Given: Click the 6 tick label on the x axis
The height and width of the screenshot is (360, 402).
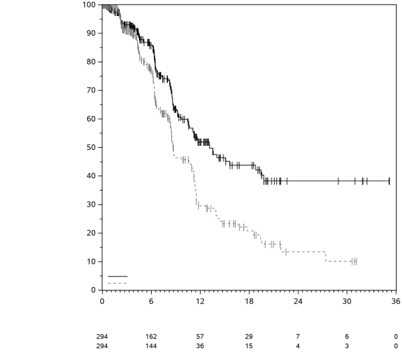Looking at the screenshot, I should [151, 301].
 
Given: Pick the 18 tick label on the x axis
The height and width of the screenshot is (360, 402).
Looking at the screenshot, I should [249, 301].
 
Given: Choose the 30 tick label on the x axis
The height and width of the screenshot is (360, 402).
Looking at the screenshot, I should [347, 301].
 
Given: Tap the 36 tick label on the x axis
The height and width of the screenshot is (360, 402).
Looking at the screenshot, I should [396, 301].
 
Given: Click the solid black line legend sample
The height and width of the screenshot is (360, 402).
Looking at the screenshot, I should [117, 276].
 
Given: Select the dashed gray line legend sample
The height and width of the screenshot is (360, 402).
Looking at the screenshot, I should [117, 283].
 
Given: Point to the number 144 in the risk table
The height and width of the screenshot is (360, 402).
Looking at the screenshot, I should [151, 345].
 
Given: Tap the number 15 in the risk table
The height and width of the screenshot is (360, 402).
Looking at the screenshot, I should [249, 345].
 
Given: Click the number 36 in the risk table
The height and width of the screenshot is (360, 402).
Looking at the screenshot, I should [200, 345].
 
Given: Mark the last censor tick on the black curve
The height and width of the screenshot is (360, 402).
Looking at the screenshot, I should [389, 181].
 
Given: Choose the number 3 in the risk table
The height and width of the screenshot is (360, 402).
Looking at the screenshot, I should [347, 345].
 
